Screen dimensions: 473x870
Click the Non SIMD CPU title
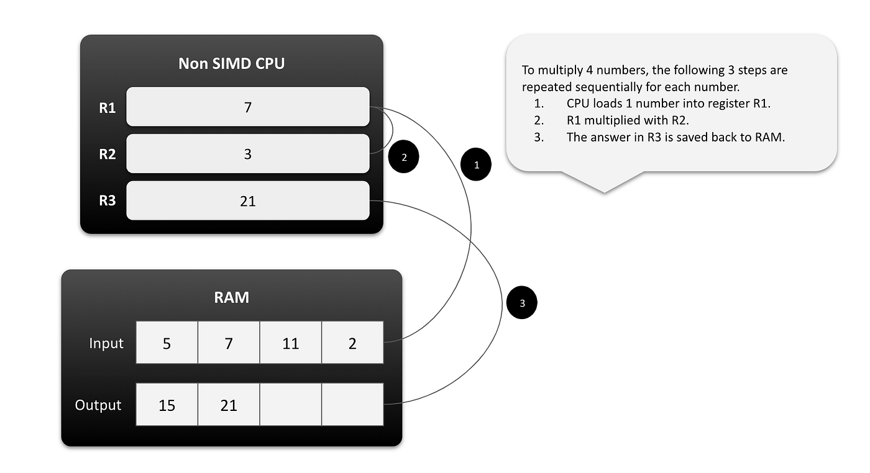(231, 63)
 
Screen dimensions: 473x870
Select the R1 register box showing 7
(247, 107)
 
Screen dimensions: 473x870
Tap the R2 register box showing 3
(247, 153)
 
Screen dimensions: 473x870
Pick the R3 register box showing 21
(247, 200)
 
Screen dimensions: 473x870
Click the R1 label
(108, 108)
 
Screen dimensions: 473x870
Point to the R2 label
(108, 154)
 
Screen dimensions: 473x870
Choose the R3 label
(108, 201)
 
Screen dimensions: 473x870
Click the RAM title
(231, 297)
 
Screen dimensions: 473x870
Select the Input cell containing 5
(167, 343)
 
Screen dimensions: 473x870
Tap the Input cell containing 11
(290, 343)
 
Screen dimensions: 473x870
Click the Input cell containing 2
(352, 343)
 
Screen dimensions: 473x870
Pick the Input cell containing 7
(229, 343)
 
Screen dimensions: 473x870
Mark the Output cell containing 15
(167, 405)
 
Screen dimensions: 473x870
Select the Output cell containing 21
(229, 405)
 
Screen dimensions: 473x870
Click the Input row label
(106, 343)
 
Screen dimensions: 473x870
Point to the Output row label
(98, 405)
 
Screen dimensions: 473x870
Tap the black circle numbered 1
(477, 165)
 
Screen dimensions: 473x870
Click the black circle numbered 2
(404, 158)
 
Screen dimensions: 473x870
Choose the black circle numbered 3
(522, 303)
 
